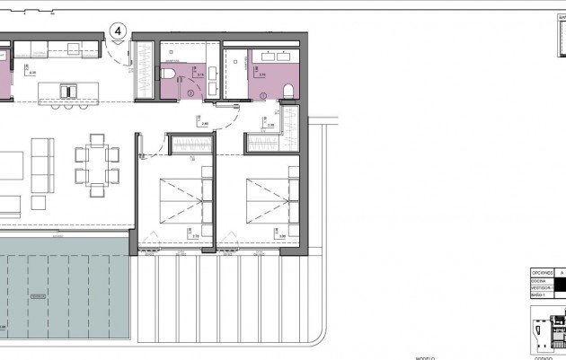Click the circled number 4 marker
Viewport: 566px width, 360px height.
(117, 31)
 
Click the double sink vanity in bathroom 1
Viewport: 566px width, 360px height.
(270, 55)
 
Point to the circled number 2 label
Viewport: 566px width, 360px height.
(190, 92)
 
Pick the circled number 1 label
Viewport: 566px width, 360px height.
(262, 94)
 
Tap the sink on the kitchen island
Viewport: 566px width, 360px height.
(66, 89)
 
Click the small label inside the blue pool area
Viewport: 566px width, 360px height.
(36, 295)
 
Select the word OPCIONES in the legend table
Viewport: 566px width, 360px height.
(542, 271)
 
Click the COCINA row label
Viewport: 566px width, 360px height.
(539, 280)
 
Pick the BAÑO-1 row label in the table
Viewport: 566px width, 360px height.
(539, 294)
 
